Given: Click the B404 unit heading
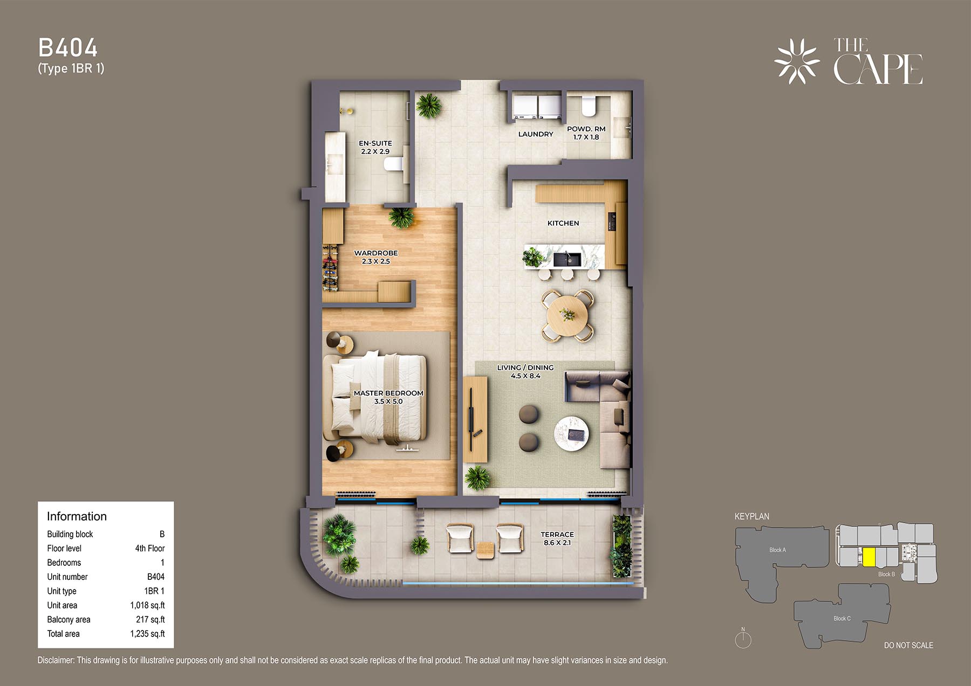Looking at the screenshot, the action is [x=68, y=48].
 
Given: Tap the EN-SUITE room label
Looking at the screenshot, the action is [x=375, y=143].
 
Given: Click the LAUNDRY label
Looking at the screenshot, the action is [x=536, y=134].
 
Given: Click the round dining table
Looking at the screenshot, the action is [x=567, y=315].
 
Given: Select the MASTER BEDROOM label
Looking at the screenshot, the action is [x=388, y=393].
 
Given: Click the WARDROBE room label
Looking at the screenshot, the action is [x=376, y=253].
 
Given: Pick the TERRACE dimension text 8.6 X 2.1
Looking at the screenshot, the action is [x=557, y=543].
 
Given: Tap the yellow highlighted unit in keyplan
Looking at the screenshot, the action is [x=869, y=557].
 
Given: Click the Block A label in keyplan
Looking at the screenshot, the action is [x=777, y=550].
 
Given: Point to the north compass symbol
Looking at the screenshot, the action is [x=743, y=639].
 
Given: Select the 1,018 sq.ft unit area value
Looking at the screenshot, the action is [x=147, y=606].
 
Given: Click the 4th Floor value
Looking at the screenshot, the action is [x=150, y=549].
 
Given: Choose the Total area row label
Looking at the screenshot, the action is [x=63, y=634].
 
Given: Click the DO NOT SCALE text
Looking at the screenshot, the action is [x=908, y=645].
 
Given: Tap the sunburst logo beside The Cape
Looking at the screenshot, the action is [x=797, y=61].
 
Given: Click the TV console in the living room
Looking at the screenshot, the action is [x=475, y=419].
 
